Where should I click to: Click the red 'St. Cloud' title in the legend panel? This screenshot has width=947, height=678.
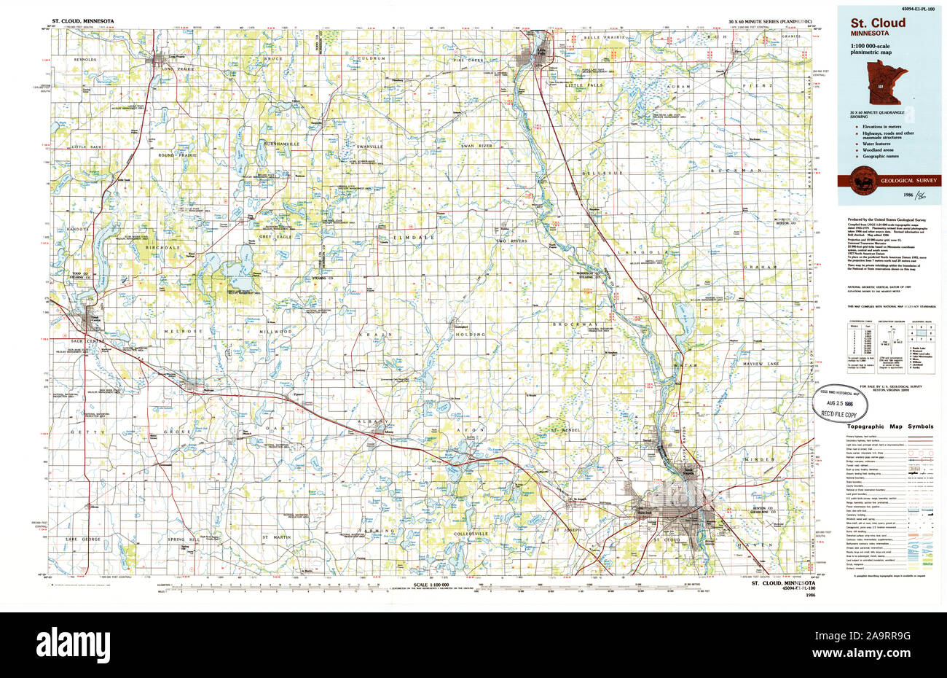click(877, 23)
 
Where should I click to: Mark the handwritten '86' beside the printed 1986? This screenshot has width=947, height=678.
click(923, 195)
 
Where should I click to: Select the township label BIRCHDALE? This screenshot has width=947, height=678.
click(162, 248)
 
